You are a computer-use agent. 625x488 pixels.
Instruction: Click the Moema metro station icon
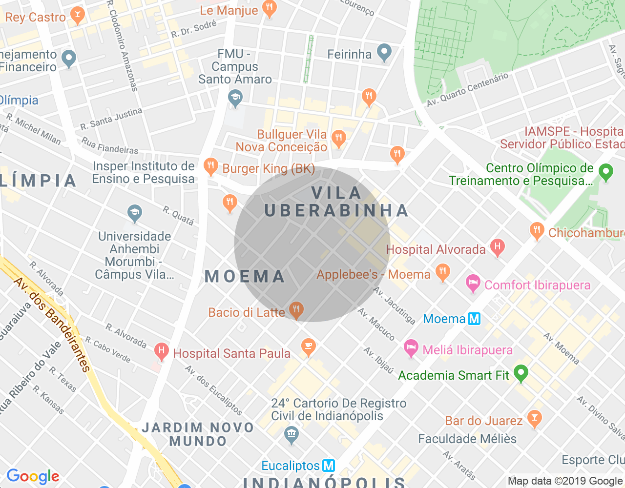[474, 319]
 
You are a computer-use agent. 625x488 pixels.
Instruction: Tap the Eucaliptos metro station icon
[329, 466]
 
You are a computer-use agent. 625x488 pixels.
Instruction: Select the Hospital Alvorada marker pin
[497, 247]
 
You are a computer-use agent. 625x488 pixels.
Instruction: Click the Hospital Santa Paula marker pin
[161, 351]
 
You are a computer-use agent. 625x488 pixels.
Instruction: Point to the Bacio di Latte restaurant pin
[296, 310]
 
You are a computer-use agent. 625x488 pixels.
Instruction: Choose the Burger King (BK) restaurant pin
[210, 166]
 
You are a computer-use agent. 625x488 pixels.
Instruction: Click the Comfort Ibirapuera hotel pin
[473, 283]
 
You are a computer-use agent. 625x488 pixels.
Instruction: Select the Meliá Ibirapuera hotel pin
[411, 348]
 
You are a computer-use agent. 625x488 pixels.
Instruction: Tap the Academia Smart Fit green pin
[521, 373]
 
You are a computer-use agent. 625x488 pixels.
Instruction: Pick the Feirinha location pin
[385, 52]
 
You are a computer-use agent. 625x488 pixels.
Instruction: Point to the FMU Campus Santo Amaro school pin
[235, 98]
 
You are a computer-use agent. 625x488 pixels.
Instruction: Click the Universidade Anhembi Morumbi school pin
[135, 213]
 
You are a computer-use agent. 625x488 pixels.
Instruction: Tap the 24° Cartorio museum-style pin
[292, 434]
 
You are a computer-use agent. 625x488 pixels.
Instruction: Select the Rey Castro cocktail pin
[77, 15]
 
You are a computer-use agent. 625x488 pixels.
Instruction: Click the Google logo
[33, 476]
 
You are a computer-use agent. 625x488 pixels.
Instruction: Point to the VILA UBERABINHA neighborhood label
[337, 202]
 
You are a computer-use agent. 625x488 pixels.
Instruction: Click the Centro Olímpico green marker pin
[606, 172]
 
